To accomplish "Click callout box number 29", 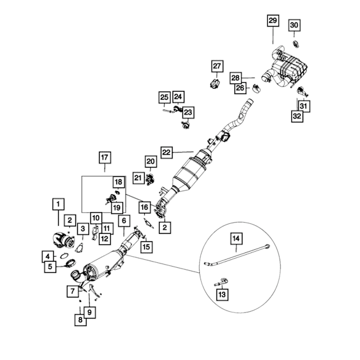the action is point(273,20).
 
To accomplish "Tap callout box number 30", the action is point(294,25).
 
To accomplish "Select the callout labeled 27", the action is point(217,66).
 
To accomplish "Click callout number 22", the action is point(166,152).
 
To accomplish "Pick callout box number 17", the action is point(105,158).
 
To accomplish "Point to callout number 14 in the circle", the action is point(236,239).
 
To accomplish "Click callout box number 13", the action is point(222,294).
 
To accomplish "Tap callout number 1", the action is point(58,204).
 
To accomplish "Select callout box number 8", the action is point(80,320).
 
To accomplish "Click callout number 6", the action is point(124,221).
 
